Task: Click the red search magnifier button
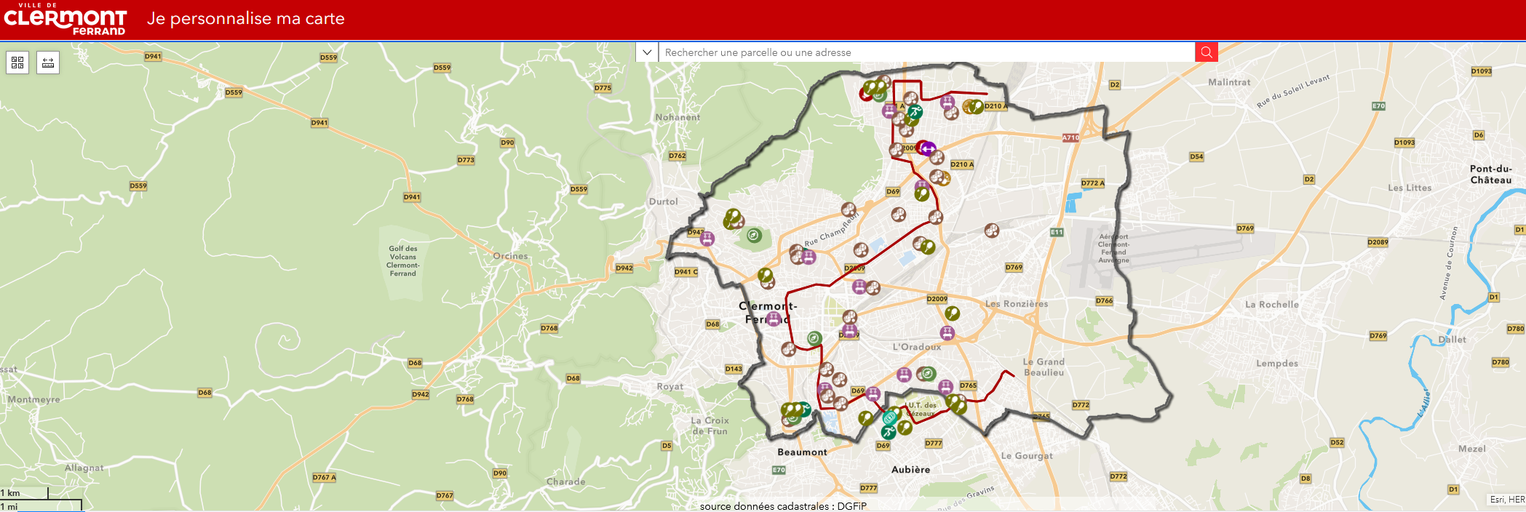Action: point(1206,52)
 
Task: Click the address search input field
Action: point(924,52)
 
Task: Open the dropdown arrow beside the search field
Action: point(647,52)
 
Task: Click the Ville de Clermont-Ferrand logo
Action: point(65,20)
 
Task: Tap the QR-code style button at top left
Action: point(17,63)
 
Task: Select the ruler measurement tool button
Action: point(48,63)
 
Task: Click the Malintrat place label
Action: point(1229,82)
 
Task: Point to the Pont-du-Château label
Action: point(1490,175)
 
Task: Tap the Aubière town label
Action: point(910,470)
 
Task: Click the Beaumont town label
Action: point(802,452)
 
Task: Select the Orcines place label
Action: point(510,256)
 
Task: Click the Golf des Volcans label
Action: point(402,261)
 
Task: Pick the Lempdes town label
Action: point(1276,364)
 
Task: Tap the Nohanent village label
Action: point(677,117)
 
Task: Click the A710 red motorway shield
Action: point(1070,137)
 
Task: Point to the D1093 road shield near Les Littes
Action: point(1404,143)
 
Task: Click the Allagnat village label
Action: point(84,468)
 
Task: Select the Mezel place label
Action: point(1471,449)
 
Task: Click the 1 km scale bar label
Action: point(10,493)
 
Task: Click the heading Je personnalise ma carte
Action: point(245,19)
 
